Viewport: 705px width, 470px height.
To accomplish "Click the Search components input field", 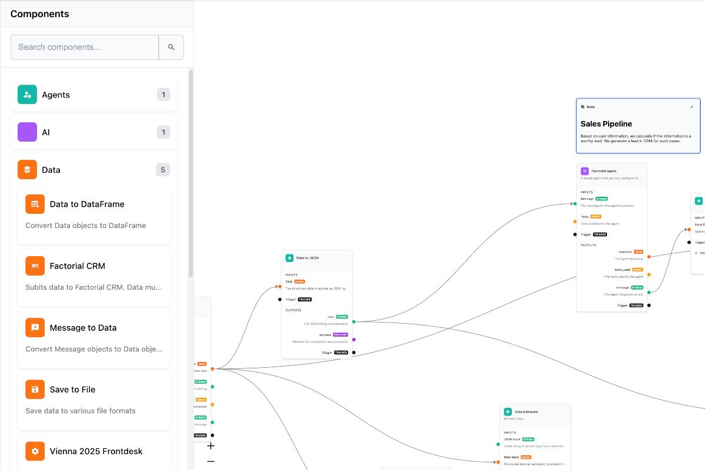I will (x=85, y=47).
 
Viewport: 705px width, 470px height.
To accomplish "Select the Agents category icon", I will (x=27, y=95).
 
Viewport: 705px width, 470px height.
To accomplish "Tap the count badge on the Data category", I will (x=163, y=170).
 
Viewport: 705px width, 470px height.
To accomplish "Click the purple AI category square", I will (x=27, y=132).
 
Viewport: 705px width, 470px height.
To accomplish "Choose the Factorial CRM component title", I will (x=78, y=266).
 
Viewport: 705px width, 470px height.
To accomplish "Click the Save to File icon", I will (x=35, y=390).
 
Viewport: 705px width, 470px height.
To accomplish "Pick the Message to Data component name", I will (x=83, y=328).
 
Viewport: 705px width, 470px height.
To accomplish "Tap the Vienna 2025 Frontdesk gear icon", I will (x=35, y=451).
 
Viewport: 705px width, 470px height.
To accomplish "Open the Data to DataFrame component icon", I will (x=35, y=204).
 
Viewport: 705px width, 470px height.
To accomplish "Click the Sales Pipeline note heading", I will (x=606, y=124).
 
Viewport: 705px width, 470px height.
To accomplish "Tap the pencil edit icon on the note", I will (x=691, y=107).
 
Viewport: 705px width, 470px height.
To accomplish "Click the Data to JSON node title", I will (x=307, y=258).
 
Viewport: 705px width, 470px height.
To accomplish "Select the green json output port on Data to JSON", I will (x=354, y=321).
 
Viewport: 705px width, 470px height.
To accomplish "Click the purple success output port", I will (x=354, y=339).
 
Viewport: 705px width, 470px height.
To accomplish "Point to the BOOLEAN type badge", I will (x=340, y=334).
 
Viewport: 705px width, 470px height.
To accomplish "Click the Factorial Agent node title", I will (x=603, y=171).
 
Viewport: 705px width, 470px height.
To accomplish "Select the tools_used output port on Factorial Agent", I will (x=649, y=274).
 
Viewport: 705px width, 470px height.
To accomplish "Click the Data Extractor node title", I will (x=526, y=412).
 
